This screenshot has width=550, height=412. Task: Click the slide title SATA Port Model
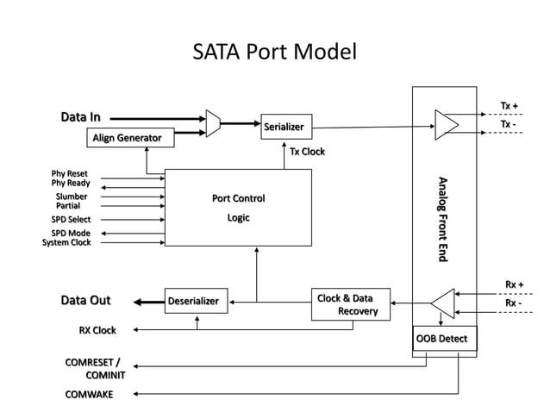[x=274, y=53]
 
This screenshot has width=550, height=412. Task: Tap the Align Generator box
[x=127, y=138]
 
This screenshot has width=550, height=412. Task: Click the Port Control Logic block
[x=238, y=208]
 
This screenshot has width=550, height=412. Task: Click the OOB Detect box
[x=443, y=338]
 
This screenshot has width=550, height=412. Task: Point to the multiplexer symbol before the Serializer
[x=213, y=123]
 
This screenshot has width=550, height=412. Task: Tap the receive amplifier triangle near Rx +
[x=443, y=303]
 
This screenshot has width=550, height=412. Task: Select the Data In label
[x=80, y=117]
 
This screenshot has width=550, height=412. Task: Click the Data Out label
[x=85, y=301]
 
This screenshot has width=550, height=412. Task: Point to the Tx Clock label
[x=308, y=153]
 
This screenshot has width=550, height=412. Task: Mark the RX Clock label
[x=97, y=330]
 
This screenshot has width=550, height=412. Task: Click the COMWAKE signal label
[x=89, y=395]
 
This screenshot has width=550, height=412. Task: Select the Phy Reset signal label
[x=70, y=173]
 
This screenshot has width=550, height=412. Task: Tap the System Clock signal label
[x=66, y=243]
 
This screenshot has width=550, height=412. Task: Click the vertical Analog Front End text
[x=443, y=219]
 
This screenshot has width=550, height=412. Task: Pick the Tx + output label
[x=509, y=107]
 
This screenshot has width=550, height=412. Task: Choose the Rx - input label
[x=513, y=303]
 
